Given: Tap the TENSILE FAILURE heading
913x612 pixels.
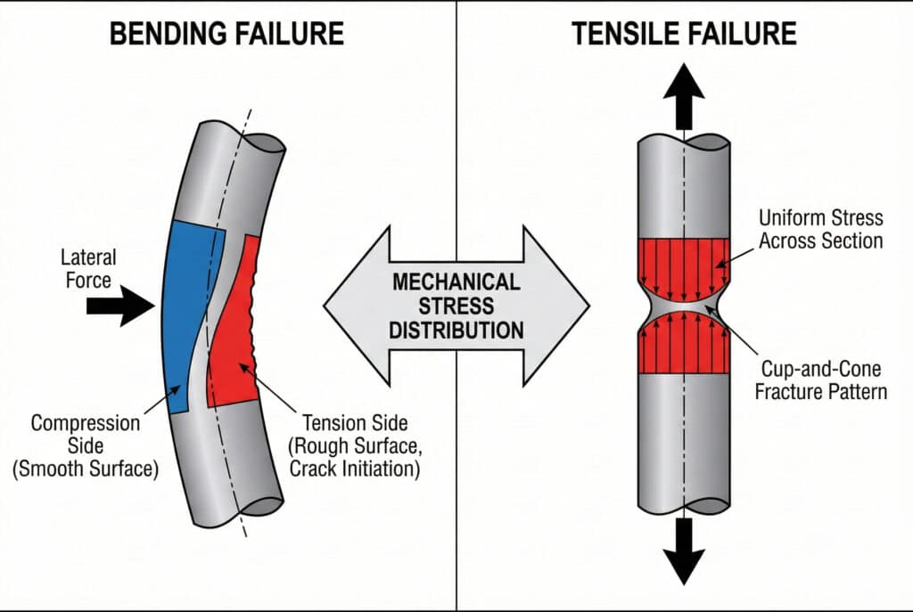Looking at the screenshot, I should click(x=683, y=33).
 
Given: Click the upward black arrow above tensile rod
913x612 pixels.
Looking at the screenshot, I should click(x=683, y=94).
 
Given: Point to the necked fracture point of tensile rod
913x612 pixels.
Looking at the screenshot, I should click(x=684, y=306).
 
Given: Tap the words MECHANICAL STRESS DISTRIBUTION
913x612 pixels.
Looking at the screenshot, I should click(x=456, y=306).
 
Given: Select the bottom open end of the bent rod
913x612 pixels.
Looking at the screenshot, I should click(x=257, y=508).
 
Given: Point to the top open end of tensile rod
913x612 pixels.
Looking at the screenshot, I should click(x=684, y=142).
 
